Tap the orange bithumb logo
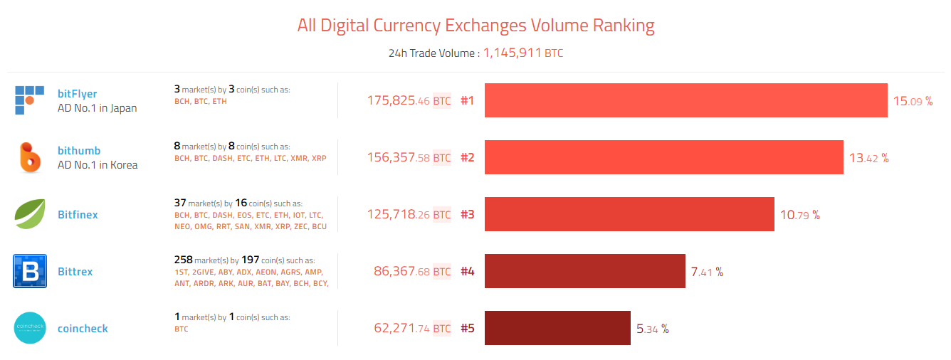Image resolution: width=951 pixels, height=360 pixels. (30, 157)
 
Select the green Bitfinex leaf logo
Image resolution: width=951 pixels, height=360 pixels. (30, 214)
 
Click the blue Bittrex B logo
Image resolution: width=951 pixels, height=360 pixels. (30, 271)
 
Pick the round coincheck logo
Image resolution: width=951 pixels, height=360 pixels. (30, 328)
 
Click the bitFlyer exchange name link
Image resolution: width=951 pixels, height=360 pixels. (77, 94)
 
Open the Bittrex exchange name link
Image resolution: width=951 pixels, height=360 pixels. (75, 272)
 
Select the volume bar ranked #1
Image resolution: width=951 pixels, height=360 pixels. (685, 100)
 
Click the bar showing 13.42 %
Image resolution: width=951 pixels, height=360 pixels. (663, 157)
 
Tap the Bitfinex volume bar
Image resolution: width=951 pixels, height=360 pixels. (629, 214)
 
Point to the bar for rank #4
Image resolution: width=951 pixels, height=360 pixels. (584, 271)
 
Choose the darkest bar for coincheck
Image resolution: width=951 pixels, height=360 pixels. (557, 328)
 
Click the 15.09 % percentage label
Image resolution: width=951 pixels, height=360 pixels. (913, 101)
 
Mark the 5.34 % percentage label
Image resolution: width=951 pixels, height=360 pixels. (652, 329)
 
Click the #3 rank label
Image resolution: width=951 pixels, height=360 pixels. (467, 215)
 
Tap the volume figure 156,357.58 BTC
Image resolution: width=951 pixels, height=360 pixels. (409, 158)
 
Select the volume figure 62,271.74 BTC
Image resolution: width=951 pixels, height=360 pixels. (412, 329)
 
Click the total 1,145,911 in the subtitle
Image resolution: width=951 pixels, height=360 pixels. (513, 53)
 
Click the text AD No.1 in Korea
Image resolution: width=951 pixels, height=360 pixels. (98, 165)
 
